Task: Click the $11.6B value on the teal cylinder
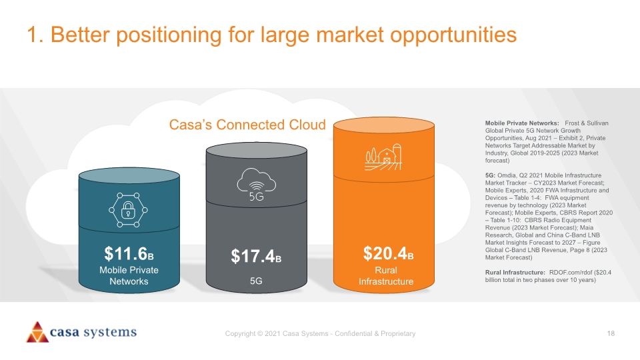coord(129,253)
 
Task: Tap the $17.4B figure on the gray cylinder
coord(256,256)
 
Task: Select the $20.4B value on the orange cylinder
coord(388,253)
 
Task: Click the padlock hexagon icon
coord(128,210)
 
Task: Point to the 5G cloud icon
coord(256,185)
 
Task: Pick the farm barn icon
coord(383,157)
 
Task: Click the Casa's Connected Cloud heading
coord(247,125)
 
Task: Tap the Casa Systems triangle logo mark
coord(37,332)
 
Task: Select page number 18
coord(611,333)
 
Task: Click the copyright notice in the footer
coord(321,333)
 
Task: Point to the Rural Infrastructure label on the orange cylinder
coord(386,276)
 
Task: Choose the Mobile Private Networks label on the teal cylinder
coord(129,275)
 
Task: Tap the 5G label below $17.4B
coord(256,281)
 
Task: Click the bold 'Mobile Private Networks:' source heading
coord(522,123)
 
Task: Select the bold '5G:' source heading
coord(490,175)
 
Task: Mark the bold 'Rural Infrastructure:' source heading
coord(515,272)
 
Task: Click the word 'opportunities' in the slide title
coord(453,35)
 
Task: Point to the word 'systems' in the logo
coord(110,332)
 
